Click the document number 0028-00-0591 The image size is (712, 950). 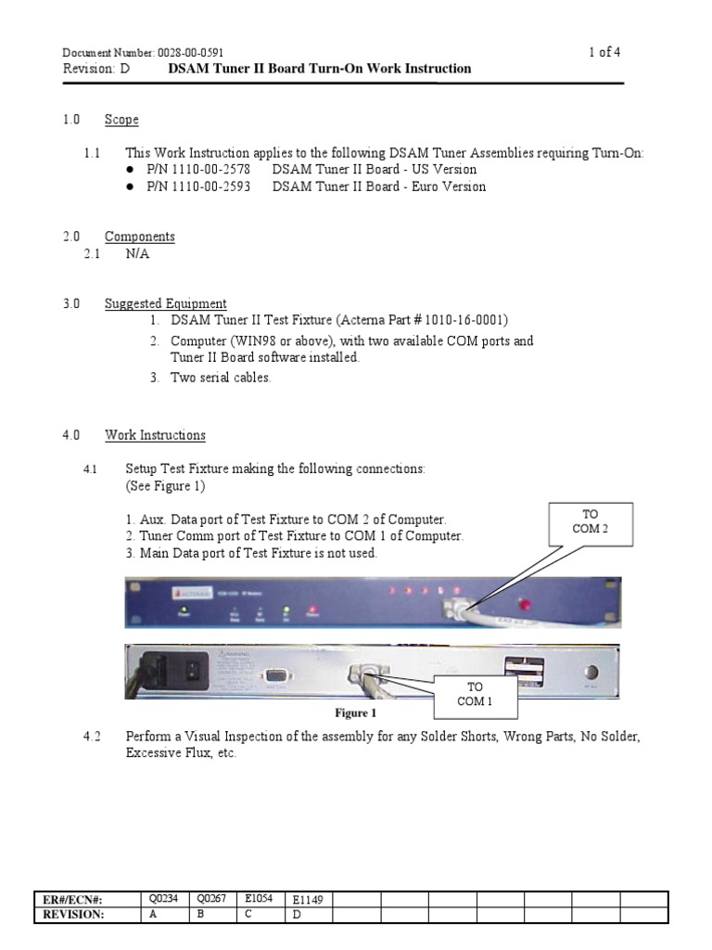point(189,53)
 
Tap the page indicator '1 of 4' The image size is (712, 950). point(604,52)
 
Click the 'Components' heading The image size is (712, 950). point(139,237)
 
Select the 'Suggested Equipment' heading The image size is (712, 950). point(165,303)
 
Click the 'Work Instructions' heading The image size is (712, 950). point(155,435)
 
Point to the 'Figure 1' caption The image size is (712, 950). point(355,713)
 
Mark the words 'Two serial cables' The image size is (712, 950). point(221,378)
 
